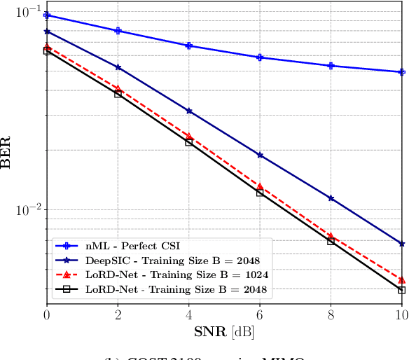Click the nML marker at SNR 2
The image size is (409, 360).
pos(118,31)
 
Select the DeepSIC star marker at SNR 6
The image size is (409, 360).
pos(260,155)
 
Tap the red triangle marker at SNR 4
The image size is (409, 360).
pos(189,136)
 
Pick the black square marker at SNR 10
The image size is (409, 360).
pos(401,290)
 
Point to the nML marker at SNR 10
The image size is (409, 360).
pos(401,72)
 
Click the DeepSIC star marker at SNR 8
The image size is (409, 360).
pos(331,198)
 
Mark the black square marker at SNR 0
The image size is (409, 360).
pos(47,51)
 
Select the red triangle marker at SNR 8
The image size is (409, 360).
pos(331,235)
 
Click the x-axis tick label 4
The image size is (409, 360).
pos(189,315)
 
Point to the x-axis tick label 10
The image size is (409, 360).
pos(401,315)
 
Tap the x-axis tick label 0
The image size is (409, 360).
pos(47,315)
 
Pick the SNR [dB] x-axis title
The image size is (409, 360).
pos(224,331)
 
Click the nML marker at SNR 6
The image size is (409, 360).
pos(260,57)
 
